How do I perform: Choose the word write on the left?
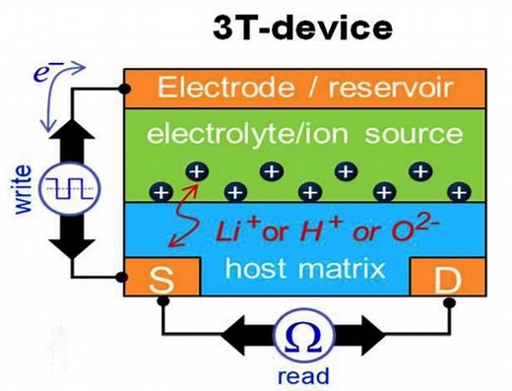point(22,188)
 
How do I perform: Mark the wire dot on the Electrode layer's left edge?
point(124,88)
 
